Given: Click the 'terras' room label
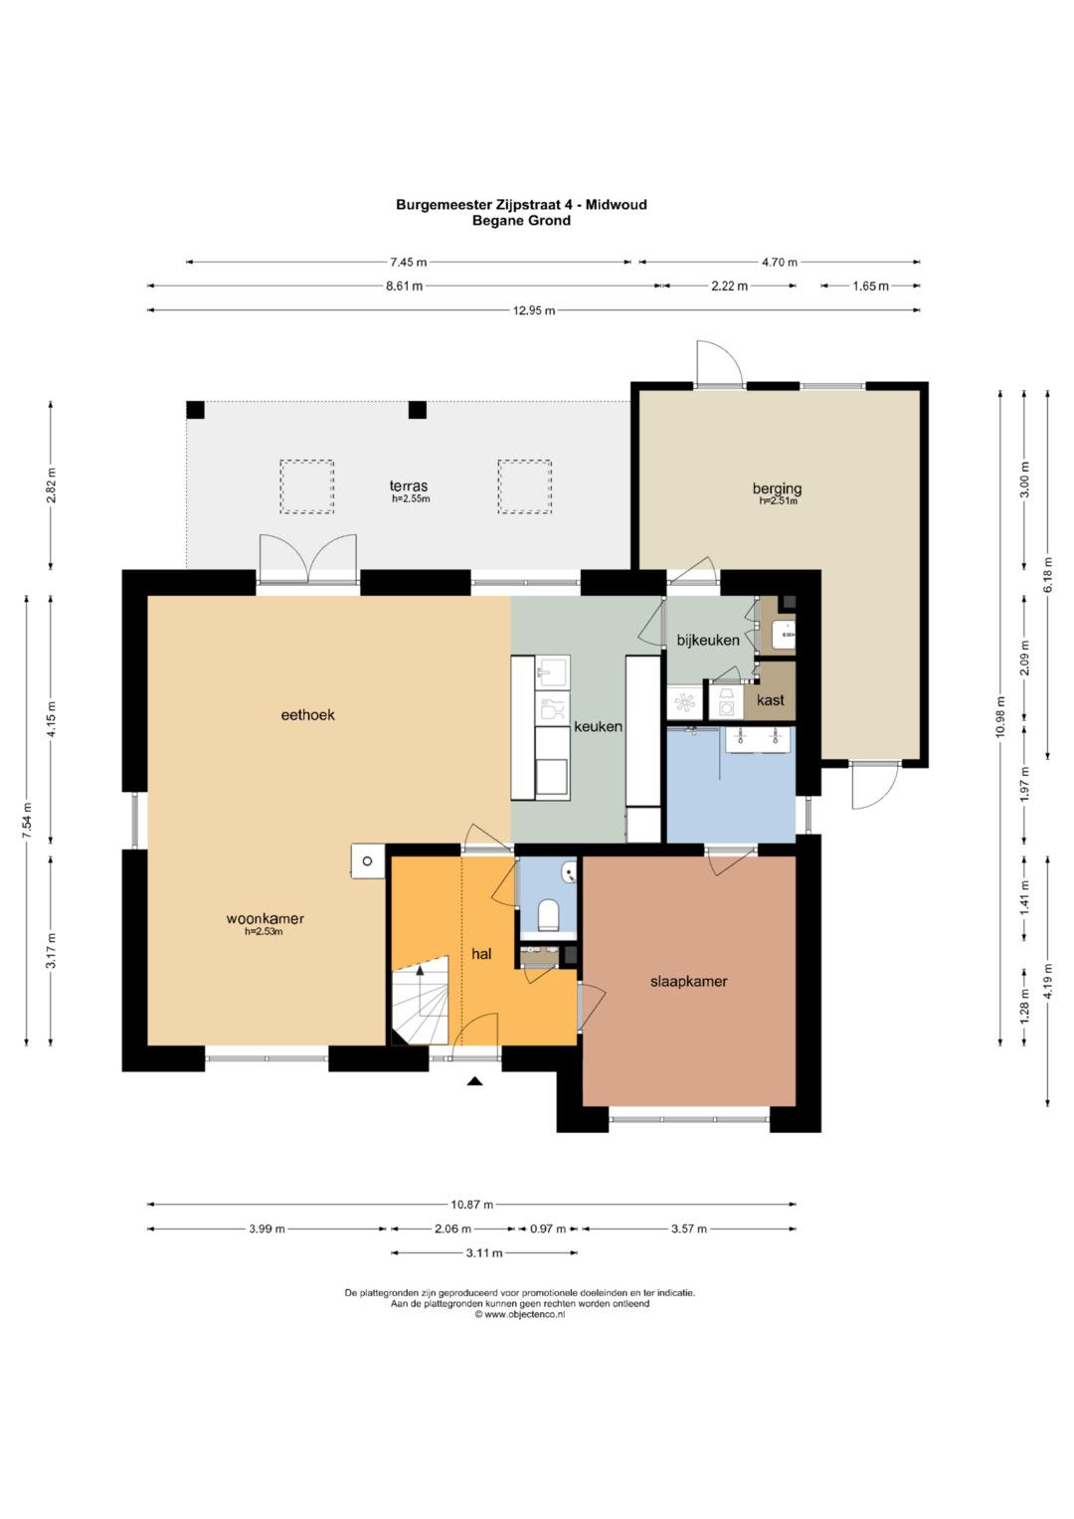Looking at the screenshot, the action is [408, 485].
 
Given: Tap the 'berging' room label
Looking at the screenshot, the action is [777, 488].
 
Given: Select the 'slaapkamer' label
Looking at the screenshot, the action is [688, 981].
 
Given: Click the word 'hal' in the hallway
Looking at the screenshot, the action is [481, 953].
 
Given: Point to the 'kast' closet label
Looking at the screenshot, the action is [771, 700].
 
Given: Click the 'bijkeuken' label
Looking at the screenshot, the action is [708, 641].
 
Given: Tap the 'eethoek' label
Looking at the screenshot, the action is [308, 715].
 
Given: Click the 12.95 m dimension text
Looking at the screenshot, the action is [534, 310].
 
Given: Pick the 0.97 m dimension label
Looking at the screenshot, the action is [548, 1229].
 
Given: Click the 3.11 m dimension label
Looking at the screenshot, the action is [484, 1253].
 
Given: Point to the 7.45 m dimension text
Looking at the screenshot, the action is [409, 262].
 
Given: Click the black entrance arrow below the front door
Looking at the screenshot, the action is [474, 1081].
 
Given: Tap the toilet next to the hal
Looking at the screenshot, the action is [547, 915].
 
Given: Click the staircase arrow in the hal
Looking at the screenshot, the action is [421, 990].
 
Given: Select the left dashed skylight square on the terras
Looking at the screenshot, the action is [307, 486].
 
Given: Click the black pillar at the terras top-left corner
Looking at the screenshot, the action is [195, 410].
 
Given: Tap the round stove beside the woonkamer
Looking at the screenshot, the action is [368, 861].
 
